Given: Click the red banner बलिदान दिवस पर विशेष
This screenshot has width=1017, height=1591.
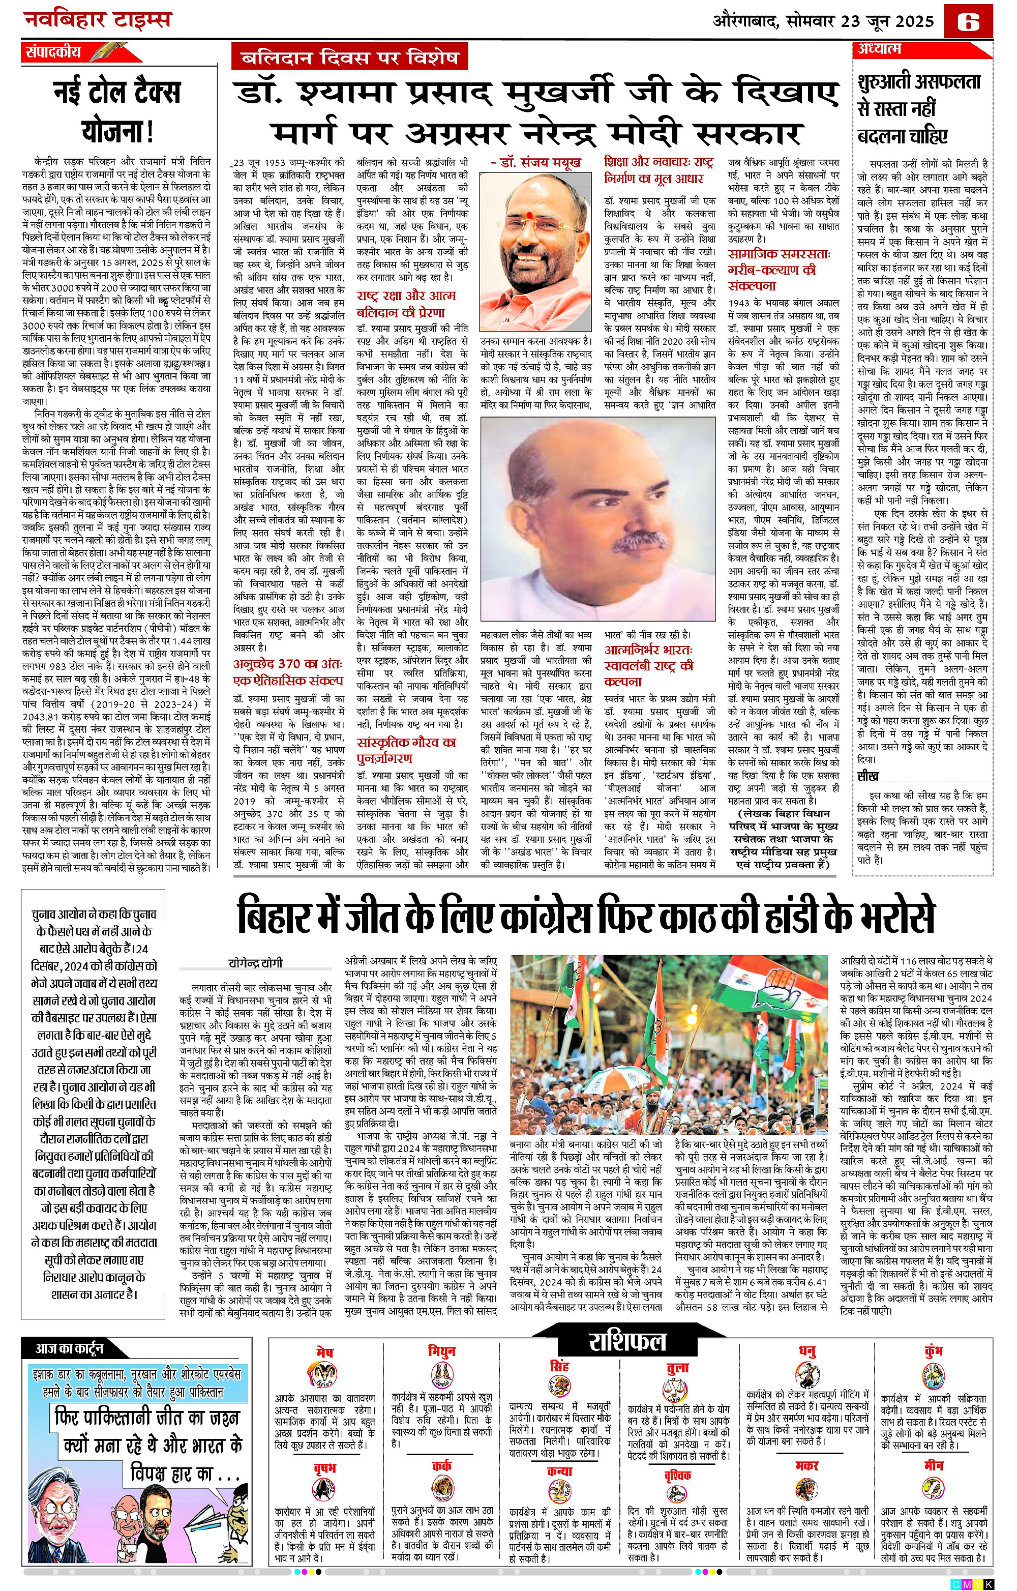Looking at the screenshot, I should pos(350,58).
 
